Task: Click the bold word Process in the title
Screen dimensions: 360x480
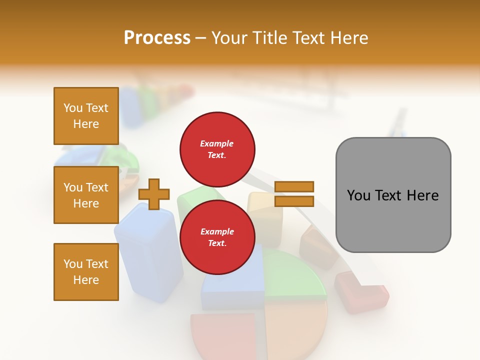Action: [x=157, y=37]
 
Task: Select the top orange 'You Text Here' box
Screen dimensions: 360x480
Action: [x=86, y=116]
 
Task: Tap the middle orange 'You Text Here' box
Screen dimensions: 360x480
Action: [x=86, y=195]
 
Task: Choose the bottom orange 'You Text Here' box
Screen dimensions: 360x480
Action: [x=86, y=271]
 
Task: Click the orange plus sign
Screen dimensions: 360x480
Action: [x=154, y=194]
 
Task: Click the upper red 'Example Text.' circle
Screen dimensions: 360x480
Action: [x=217, y=149]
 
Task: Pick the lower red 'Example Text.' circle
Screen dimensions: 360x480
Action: [x=217, y=237]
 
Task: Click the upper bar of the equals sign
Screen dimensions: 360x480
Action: [x=294, y=186]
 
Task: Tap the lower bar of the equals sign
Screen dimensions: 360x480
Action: [x=294, y=201]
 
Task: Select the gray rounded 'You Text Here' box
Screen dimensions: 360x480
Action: [x=393, y=195]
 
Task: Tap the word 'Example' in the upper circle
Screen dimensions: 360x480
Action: [x=217, y=143]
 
